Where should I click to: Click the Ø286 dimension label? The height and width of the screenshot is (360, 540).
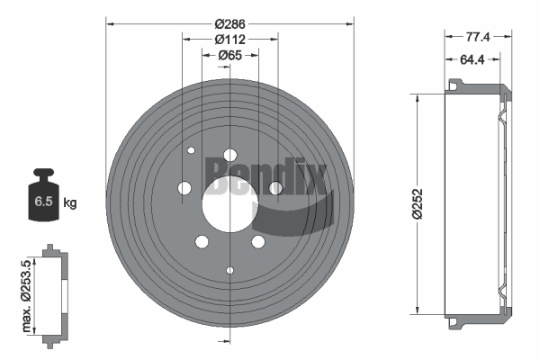230,24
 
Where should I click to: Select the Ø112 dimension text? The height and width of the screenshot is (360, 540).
230,40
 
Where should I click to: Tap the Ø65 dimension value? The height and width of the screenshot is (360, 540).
230,55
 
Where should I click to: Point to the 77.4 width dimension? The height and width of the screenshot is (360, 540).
478,37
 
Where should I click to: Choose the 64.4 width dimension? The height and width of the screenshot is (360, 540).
472,59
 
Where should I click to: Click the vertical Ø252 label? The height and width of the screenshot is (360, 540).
418,203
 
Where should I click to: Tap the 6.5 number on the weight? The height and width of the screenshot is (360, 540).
43,202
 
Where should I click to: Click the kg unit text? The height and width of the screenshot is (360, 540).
70,202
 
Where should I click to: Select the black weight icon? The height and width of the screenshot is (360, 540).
43,194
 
